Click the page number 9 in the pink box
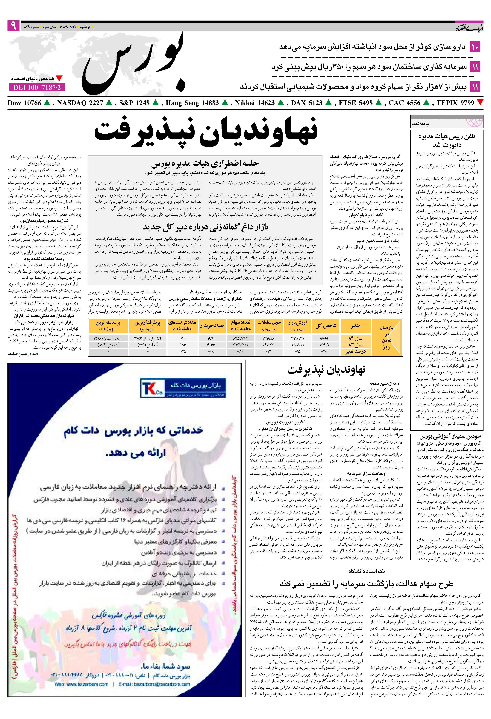pyautogui.click(x=13, y=26)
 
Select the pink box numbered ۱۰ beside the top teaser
pyautogui.click(x=475, y=47)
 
